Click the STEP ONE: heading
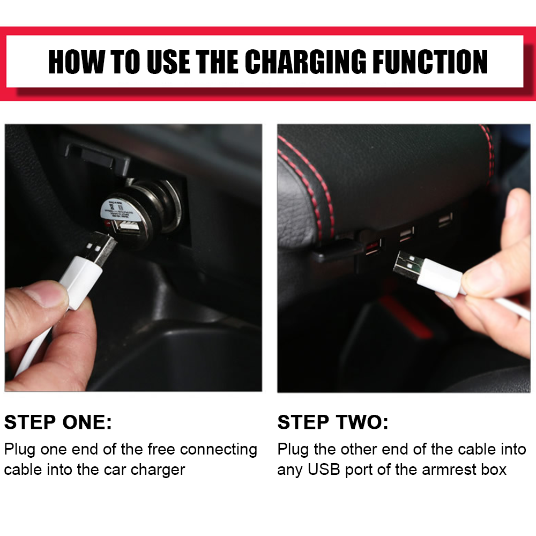pos(58,422)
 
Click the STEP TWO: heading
pos(333,422)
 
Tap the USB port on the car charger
pos(128,226)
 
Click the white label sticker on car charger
pos(118,209)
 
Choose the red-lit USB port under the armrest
pos(373,247)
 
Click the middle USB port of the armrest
pos(406,234)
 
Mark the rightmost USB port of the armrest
pos(445,220)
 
